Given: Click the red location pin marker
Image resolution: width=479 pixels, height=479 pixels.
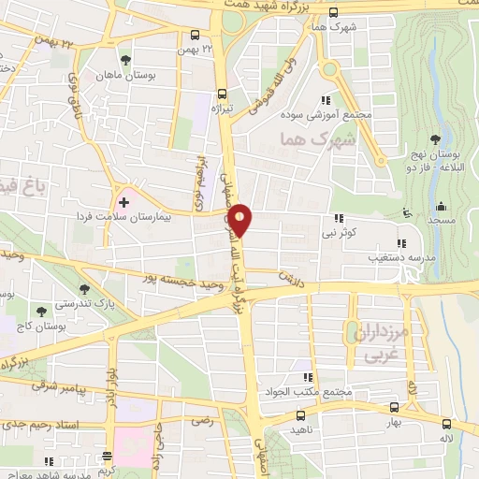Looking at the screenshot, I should tap(240, 219).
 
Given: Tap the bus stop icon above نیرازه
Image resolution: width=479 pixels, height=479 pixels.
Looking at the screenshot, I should tap(222, 93).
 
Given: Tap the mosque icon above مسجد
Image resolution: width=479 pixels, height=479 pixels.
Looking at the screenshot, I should tap(442, 206).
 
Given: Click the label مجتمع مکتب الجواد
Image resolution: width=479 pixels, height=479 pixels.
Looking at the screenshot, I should tap(315, 390).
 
